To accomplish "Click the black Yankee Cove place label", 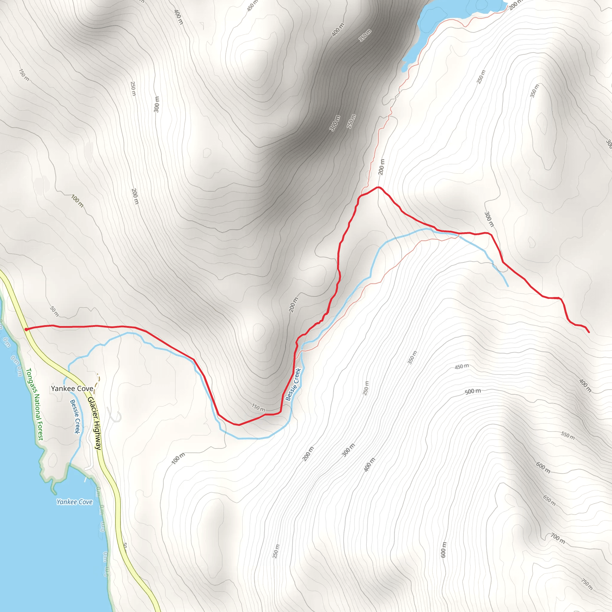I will (72, 389).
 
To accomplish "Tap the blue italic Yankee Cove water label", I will (74, 502).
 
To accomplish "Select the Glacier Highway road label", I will (94, 423).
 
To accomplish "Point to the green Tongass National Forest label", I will (35, 404).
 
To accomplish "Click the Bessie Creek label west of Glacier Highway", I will (75, 417).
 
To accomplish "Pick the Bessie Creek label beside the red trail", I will (293, 384).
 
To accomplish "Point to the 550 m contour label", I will (568, 436).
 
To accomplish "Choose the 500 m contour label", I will (473, 391).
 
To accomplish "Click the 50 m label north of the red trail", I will (54, 311).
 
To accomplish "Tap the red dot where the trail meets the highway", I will (26, 329).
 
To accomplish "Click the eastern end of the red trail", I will (589, 332).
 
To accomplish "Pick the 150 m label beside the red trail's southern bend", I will (258, 408).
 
